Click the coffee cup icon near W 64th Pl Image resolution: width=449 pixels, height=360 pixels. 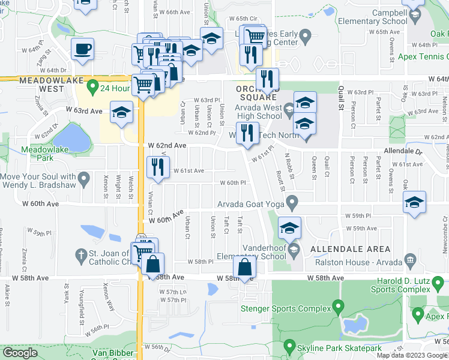tap(82, 48)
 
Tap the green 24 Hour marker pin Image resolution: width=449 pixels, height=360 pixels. tap(92, 88)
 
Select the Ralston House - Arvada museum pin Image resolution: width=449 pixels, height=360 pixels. tap(411, 260)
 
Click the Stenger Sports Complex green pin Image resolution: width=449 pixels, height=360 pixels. tap(337, 308)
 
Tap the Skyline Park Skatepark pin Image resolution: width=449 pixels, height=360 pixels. tap(290, 347)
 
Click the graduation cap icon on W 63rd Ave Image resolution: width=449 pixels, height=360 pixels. tap(121, 112)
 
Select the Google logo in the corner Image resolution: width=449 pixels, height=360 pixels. tap(20, 353)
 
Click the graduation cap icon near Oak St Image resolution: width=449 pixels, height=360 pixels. tap(414, 202)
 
